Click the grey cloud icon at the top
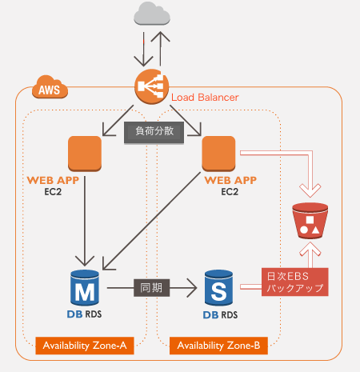[x=152, y=14]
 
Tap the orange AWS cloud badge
[x=50, y=87]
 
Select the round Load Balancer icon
[x=152, y=86]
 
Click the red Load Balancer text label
[x=205, y=98]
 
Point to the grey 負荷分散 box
[x=154, y=133]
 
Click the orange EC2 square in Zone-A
[x=85, y=154]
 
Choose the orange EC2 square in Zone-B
[x=218, y=154]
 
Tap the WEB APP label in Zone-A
[x=53, y=181]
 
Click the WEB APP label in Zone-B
[x=230, y=181]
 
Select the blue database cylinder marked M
[x=85, y=287]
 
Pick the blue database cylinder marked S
[x=218, y=287]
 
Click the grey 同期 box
[x=151, y=288]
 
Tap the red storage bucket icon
[x=310, y=221]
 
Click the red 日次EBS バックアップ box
[x=295, y=282]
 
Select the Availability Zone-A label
[x=85, y=346]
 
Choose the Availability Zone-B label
[x=218, y=346]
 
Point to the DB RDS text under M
[x=84, y=314]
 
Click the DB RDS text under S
[x=220, y=315]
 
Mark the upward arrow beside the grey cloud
[x=160, y=49]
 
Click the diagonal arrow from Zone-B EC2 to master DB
[x=151, y=221]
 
